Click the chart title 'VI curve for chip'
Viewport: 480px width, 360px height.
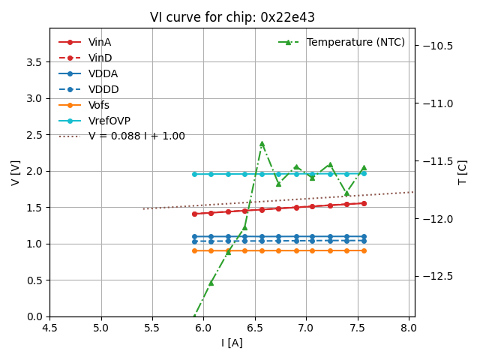tap(232, 17)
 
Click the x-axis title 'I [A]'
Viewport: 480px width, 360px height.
tap(232, 343)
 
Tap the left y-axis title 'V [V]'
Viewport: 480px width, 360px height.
tap(16, 172)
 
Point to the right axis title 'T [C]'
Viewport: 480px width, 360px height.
tap(463, 172)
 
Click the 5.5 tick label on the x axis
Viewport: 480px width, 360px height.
tap(152, 328)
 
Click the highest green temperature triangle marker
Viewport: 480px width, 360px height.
tap(262, 143)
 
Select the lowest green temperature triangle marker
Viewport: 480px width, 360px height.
tap(194, 316)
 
